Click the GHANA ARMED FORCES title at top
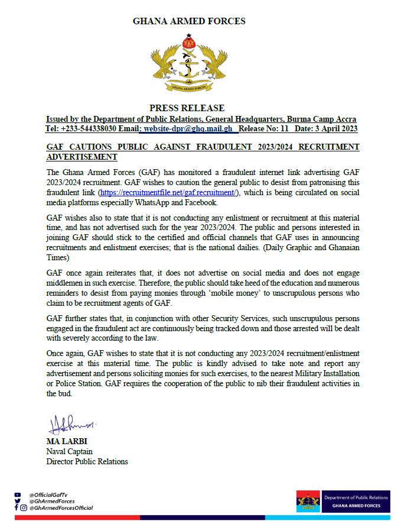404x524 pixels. click(189, 21)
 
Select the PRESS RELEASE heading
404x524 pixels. click(187, 108)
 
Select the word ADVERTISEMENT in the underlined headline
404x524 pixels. click(81, 157)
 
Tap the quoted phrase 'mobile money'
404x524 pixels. click(273, 296)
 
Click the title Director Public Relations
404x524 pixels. click(87, 461)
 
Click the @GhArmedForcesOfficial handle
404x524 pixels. click(61, 508)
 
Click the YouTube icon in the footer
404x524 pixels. click(17, 494)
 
